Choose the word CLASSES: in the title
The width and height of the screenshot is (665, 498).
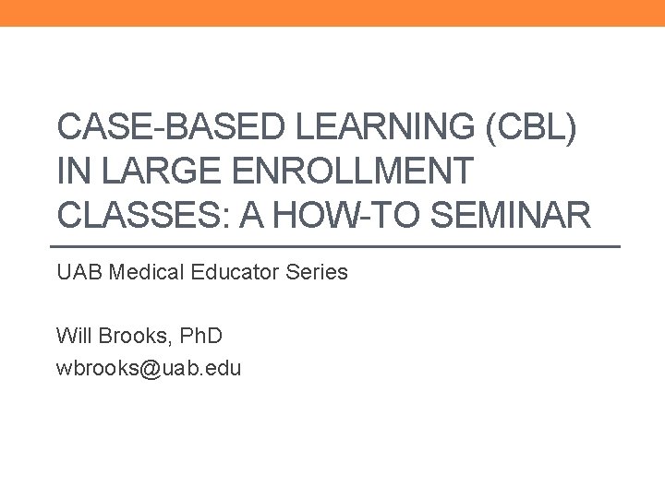[x=136, y=215]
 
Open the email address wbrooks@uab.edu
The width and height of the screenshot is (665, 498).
[x=149, y=369]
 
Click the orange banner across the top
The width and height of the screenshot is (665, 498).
[x=332, y=13]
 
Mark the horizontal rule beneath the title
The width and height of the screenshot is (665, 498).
[x=332, y=247]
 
